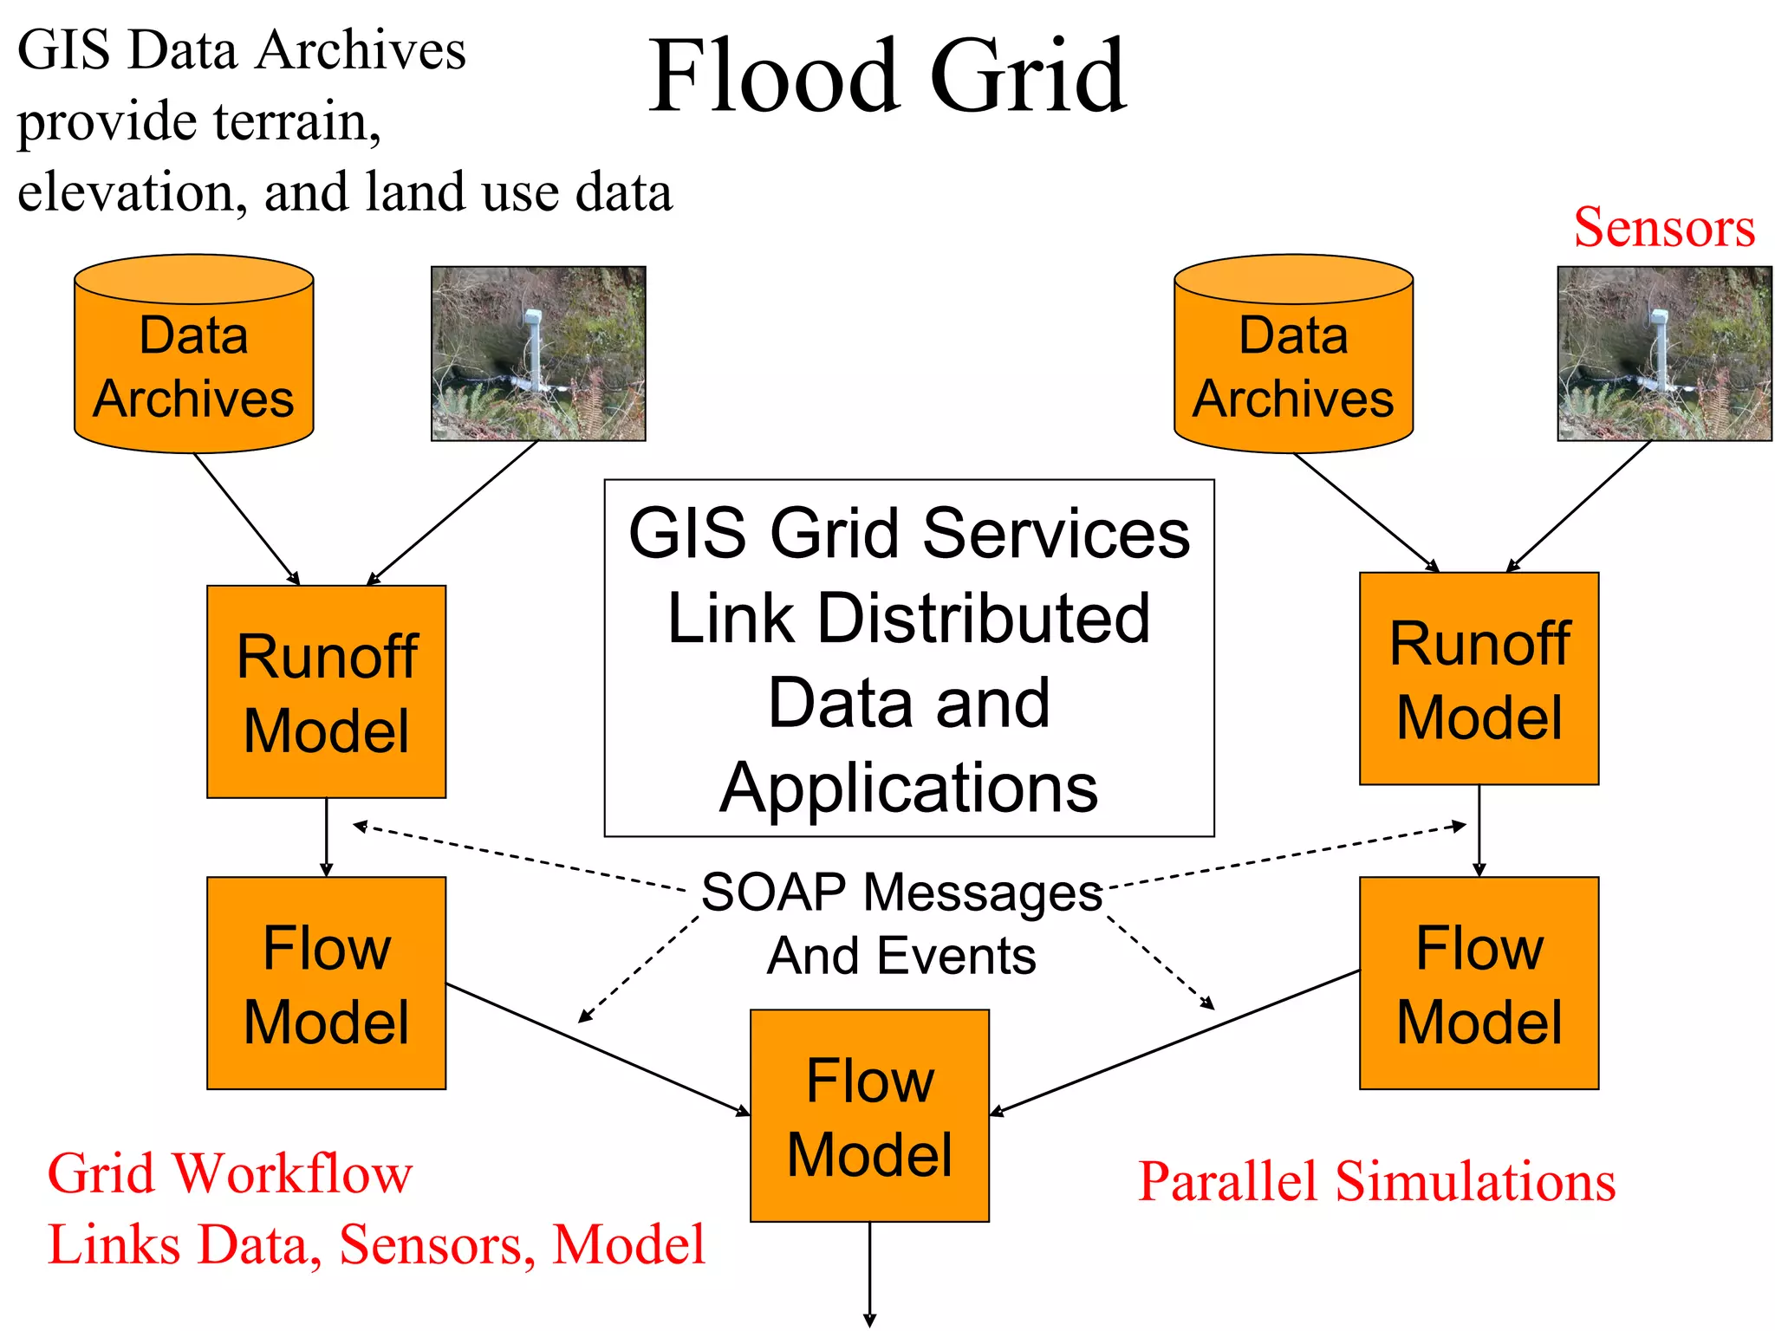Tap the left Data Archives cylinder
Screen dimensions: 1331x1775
tap(193, 364)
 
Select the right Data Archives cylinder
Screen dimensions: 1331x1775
tap(1293, 364)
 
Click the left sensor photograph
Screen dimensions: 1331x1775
tap(538, 354)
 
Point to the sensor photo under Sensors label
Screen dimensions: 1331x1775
tap(1664, 354)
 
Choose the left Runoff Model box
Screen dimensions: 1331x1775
tap(326, 691)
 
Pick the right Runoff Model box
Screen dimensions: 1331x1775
tap(1479, 678)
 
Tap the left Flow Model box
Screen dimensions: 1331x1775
tap(326, 983)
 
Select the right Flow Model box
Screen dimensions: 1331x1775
tap(1479, 983)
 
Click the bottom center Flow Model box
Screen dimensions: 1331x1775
tap(869, 1115)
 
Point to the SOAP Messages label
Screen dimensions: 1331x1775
tap(901, 893)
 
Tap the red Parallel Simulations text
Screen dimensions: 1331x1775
tap(1376, 1181)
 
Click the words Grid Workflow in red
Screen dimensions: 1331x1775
tap(230, 1174)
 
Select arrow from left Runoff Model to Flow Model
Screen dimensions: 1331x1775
tap(326, 836)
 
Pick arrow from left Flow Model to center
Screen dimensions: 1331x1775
tap(598, 1049)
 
